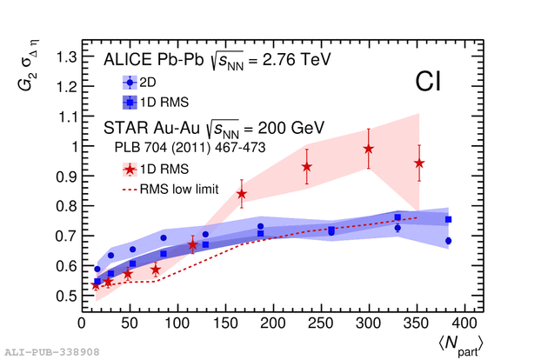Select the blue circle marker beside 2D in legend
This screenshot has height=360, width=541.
pyautogui.click(x=130, y=83)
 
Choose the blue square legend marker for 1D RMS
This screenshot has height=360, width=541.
pyautogui.click(x=130, y=101)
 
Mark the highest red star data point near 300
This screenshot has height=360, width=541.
pyautogui.click(x=369, y=149)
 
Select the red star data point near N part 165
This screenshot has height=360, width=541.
pyautogui.click(x=242, y=193)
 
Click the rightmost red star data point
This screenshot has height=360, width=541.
pyautogui.click(x=419, y=163)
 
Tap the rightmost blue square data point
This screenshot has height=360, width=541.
pyautogui.click(x=449, y=219)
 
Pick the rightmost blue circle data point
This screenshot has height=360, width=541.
pyautogui.click(x=449, y=241)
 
